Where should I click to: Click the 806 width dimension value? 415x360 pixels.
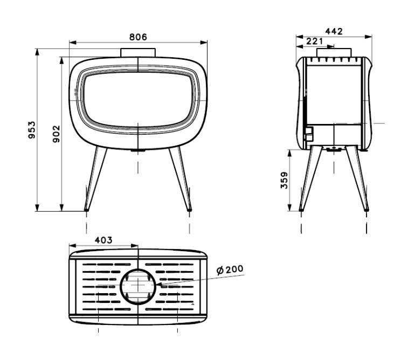coord(138,37)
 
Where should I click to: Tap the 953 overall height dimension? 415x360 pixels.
coord(32,130)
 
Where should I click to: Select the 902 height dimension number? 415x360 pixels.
coord(57,134)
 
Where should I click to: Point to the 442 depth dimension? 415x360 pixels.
coord(334,31)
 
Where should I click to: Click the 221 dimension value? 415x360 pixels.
coord(315,41)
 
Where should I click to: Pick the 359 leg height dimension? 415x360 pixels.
coord(284,180)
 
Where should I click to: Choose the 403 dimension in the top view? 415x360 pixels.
coord(103,240)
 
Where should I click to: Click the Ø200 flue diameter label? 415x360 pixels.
coord(230,269)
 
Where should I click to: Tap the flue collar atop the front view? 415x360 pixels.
coord(138,52)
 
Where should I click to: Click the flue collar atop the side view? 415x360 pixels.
coord(334,52)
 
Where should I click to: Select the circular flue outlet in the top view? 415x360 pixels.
coord(138,286)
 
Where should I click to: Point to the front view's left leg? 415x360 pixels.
coord(95,179)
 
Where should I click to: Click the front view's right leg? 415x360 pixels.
coord(181,179)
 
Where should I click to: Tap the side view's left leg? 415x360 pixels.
coord(311,178)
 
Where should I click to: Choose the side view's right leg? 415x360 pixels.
coord(357,178)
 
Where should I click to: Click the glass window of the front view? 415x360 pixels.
coord(138,100)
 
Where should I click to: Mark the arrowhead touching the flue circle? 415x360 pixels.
coord(159,285)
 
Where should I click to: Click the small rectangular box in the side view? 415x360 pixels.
coord(309,134)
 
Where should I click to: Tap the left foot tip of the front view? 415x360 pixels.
coord(86,210)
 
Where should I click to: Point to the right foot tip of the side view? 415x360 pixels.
coord(366,210)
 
